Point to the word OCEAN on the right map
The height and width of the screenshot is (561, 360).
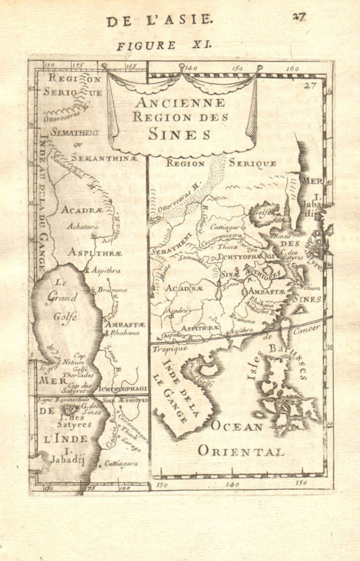238,426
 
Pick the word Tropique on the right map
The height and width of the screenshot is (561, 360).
170,348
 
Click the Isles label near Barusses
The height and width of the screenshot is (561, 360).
254,365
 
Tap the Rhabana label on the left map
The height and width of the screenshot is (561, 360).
122,333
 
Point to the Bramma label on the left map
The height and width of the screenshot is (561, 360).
112,289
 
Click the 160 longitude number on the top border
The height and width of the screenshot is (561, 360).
292,68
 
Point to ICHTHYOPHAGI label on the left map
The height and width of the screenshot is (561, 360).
124,388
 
